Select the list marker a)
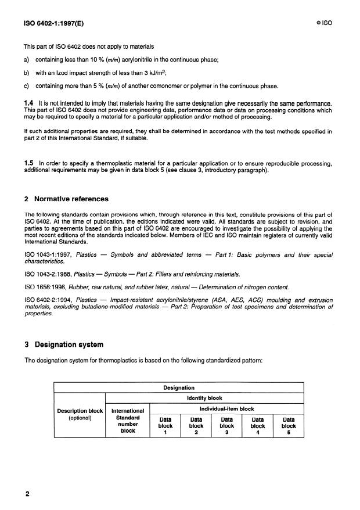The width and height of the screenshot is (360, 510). pos(26,59)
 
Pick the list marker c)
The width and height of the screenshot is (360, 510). pos(26,87)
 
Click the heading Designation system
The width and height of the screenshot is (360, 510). pos(66,344)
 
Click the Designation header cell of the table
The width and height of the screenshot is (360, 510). pos(179,387)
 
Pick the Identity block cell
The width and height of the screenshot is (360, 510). pos(204,399)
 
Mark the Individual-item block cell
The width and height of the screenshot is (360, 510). pos(227,409)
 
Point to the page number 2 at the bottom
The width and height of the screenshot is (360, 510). pos(27,494)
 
